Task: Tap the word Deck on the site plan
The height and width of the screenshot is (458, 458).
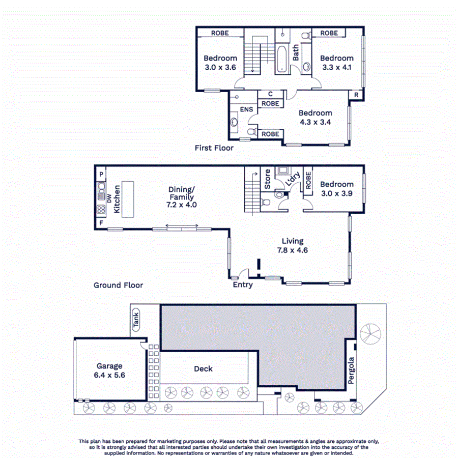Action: (204, 369)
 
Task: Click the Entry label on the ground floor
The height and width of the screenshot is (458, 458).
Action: (243, 284)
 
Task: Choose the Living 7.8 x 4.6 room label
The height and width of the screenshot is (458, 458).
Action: (293, 245)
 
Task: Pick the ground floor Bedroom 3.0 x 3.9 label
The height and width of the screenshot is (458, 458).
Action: (337, 189)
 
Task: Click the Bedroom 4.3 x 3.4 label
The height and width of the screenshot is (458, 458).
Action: (315, 118)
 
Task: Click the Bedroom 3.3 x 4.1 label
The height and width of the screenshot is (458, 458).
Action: (336, 63)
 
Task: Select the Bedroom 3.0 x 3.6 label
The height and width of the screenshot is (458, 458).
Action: (220, 63)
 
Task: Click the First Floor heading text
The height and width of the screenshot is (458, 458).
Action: (214, 148)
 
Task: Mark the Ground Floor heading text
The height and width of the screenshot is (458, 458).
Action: (118, 285)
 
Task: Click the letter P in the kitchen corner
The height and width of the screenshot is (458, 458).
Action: (101, 174)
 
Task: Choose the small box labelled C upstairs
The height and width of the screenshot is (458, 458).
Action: (270, 94)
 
